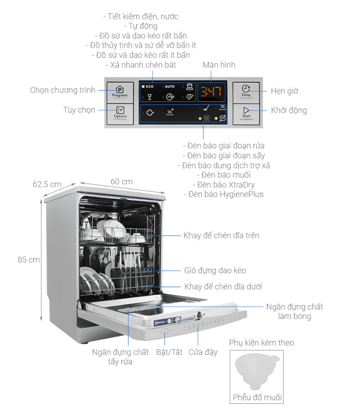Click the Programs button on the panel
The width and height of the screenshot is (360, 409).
coord(120,91)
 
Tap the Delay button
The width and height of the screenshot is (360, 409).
coord(246,91)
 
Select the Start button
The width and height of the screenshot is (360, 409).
coord(246,113)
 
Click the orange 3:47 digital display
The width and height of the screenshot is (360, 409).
coord(210,92)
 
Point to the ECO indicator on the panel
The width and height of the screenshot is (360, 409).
coord(148,87)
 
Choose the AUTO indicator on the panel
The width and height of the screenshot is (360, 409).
coord(169,87)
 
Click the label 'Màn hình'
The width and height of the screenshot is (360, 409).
coord(219,65)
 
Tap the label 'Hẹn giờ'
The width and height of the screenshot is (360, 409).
coord(285,91)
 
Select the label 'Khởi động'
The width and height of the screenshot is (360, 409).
coord(289,110)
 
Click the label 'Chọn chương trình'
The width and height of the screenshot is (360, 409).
coord(62,90)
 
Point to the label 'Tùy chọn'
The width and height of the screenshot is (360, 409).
coord(79,110)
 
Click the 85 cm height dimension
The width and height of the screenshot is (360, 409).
coord(29,260)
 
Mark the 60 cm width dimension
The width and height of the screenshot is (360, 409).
coord(121,181)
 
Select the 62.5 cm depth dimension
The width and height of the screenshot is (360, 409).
coord(47,184)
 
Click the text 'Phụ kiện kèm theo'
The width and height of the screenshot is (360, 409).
coord(261,342)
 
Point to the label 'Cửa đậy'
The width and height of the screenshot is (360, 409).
coord(203,352)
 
